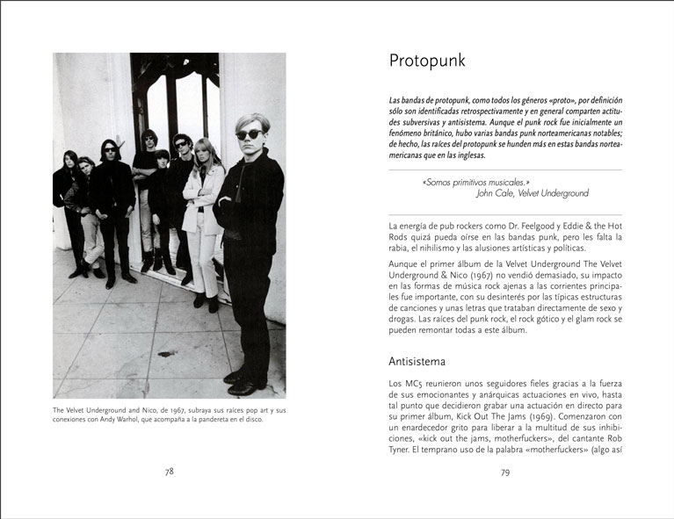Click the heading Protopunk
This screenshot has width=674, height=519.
point(427,61)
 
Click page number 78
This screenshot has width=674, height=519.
point(170,472)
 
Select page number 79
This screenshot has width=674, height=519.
point(505,472)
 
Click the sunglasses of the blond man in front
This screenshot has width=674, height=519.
point(250,133)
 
